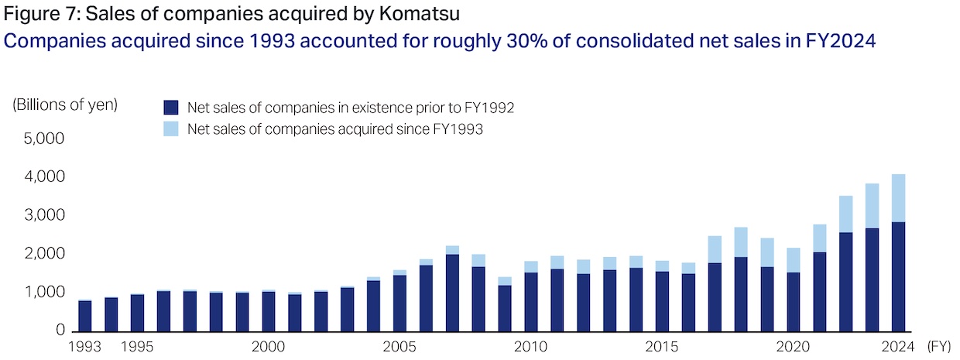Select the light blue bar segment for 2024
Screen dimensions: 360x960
click(898, 198)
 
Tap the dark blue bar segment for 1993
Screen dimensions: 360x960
click(85, 316)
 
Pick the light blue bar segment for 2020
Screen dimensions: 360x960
click(793, 260)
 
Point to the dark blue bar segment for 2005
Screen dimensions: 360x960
click(399, 303)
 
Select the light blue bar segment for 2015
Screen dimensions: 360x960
click(662, 266)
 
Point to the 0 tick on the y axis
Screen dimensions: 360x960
click(59, 331)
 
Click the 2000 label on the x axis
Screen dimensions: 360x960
click(268, 346)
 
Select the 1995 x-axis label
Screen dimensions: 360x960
click(137, 346)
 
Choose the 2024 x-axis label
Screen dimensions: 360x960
click(898, 346)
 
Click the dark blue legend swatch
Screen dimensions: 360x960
click(171, 108)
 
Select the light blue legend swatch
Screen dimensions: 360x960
click(171, 129)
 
